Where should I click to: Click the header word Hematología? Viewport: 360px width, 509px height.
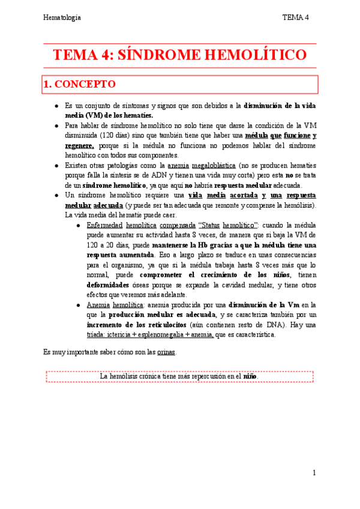click(62, 17)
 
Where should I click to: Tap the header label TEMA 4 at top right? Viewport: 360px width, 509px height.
click(295, 17)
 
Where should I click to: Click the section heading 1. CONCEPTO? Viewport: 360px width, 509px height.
click(79, 85)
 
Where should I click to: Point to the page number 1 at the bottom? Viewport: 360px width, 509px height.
click(314, 473)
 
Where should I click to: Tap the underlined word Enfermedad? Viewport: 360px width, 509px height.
click(106, 225)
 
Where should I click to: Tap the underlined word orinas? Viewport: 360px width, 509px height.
click(166, 351)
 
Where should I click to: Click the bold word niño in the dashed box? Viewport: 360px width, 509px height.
click(250, 377)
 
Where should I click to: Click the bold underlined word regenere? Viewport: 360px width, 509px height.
click(79, 145)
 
